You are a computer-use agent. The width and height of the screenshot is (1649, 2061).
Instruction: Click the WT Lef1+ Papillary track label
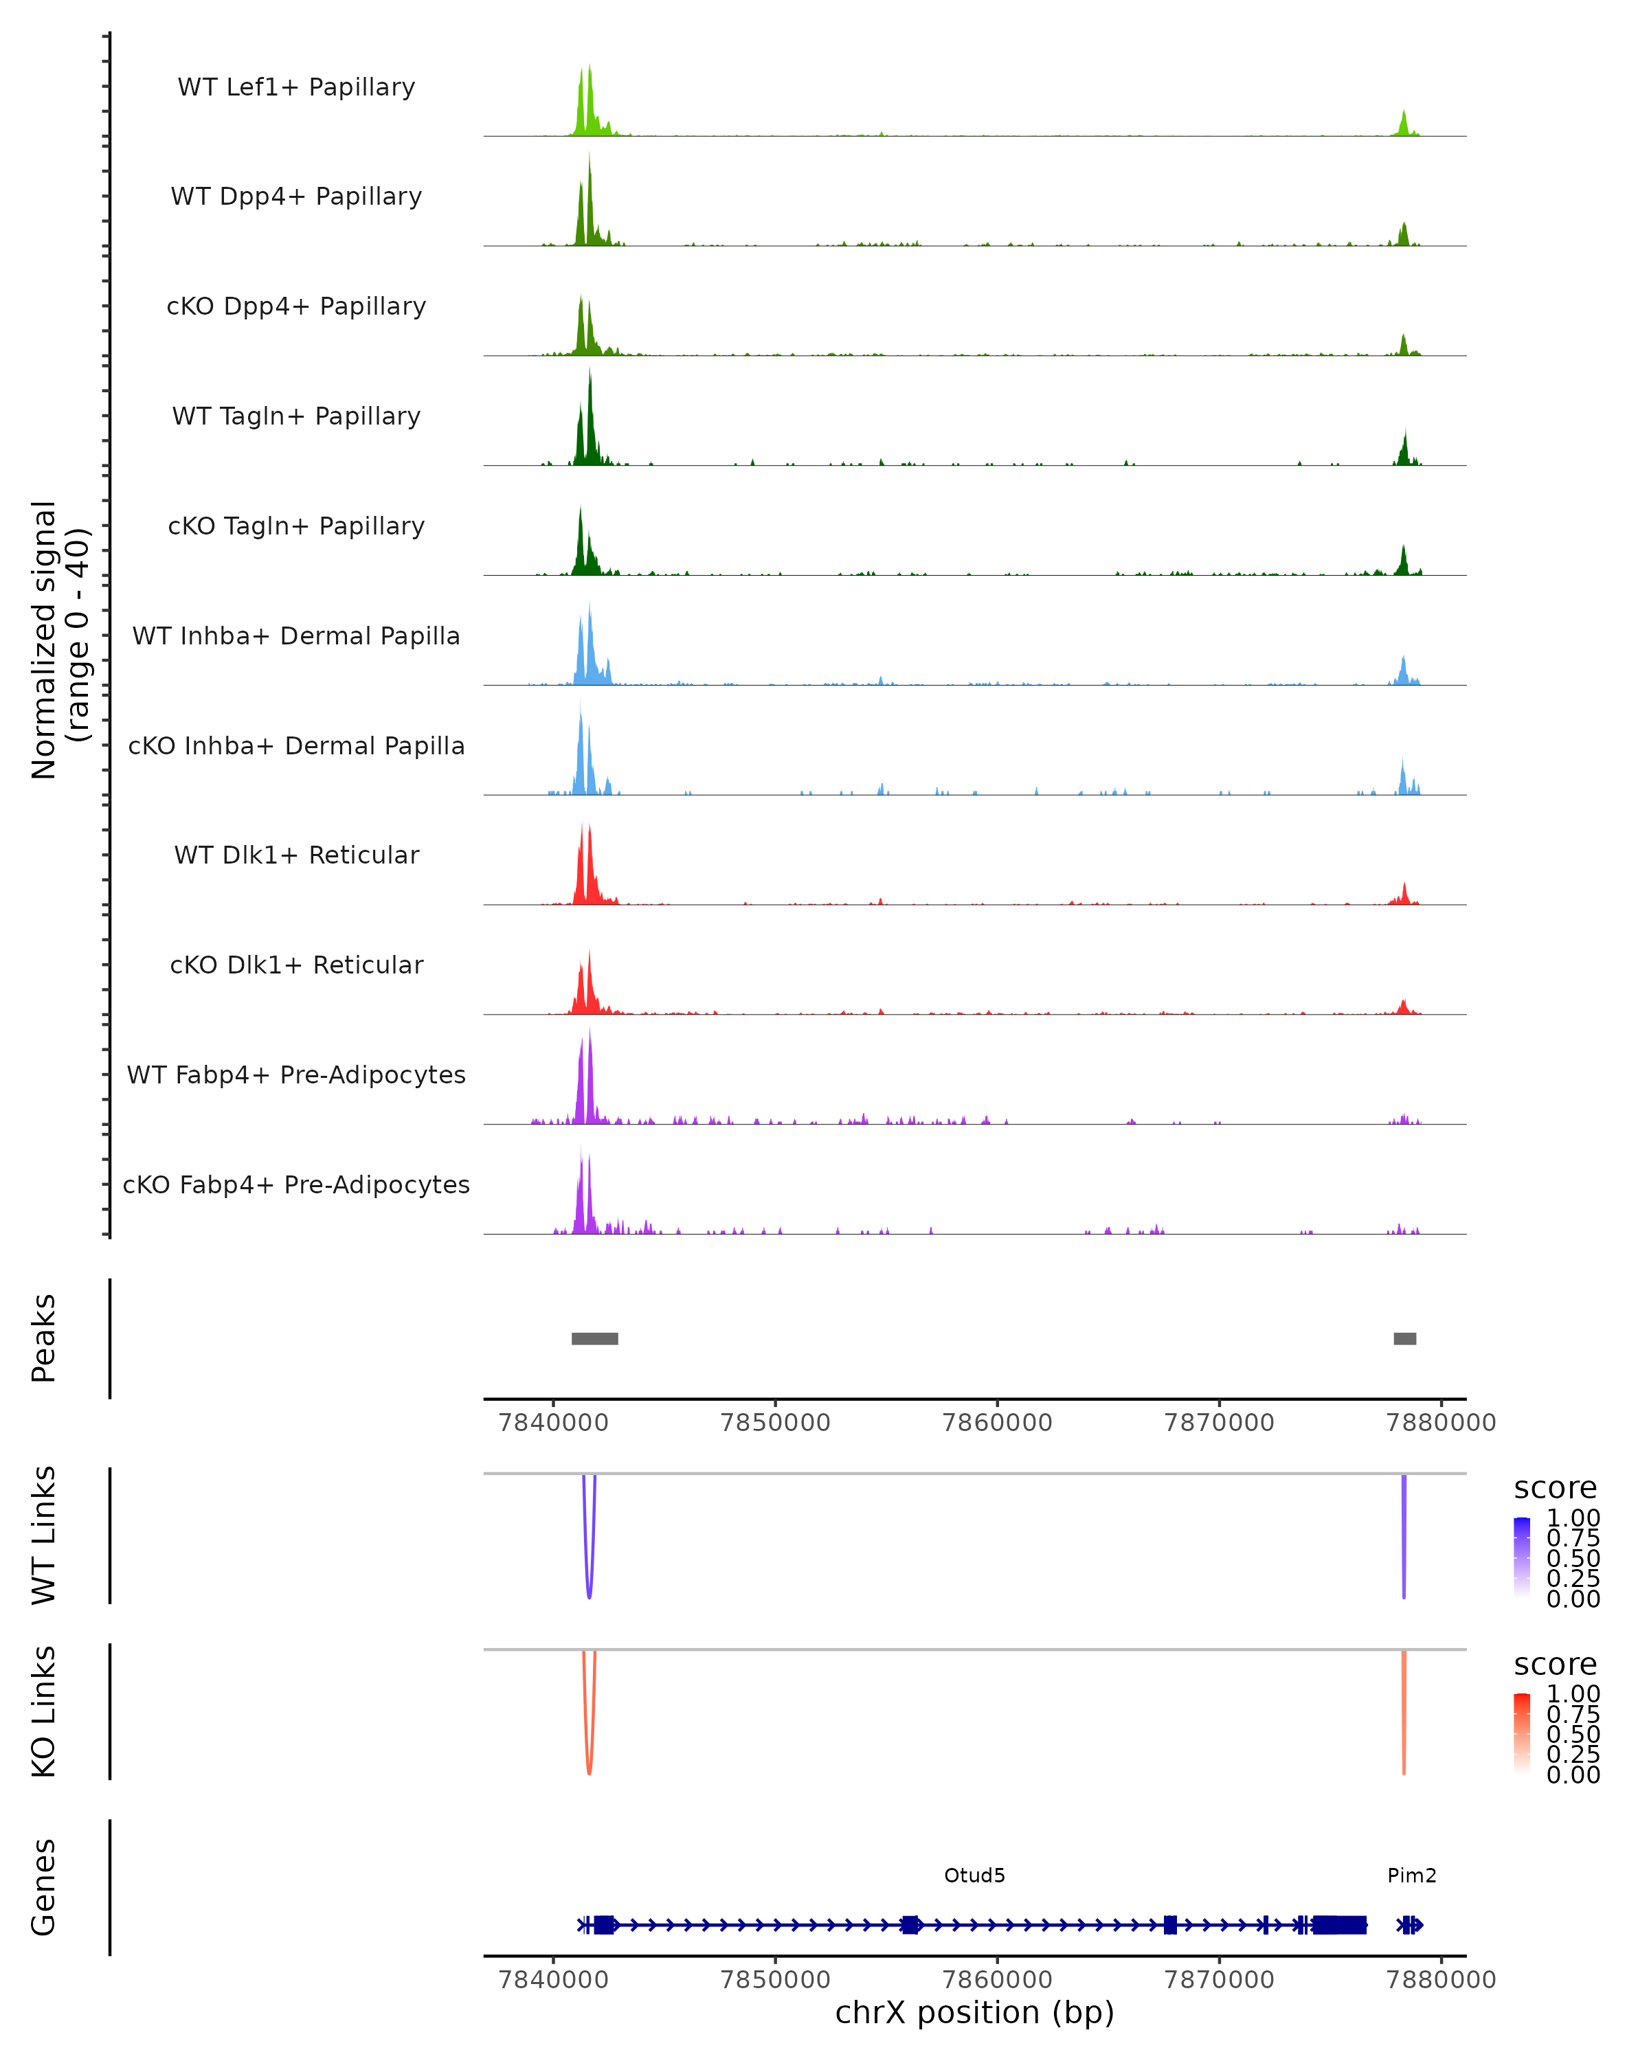click(296, 87)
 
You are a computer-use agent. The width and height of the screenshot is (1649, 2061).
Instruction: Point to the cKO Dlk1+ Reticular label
click(296, 965)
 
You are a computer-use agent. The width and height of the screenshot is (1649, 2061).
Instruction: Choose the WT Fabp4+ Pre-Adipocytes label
click(296, 1074)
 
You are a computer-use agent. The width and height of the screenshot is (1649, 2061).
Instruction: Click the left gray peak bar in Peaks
click(594, 1338)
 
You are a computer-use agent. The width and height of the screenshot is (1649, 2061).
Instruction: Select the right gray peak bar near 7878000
click(1404, 1338)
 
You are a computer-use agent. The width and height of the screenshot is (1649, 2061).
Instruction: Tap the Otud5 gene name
click(974, 1876)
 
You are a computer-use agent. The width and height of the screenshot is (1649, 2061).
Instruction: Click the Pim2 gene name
click(1411, 1876)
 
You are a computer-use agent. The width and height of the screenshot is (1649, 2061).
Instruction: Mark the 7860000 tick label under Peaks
click(997, 1423)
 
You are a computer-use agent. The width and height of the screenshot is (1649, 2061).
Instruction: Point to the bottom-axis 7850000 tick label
click(775, 1980)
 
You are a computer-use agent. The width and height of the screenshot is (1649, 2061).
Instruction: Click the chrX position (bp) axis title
click(974, 2013)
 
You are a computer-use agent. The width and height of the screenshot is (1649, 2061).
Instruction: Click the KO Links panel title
click(44, 1711)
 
